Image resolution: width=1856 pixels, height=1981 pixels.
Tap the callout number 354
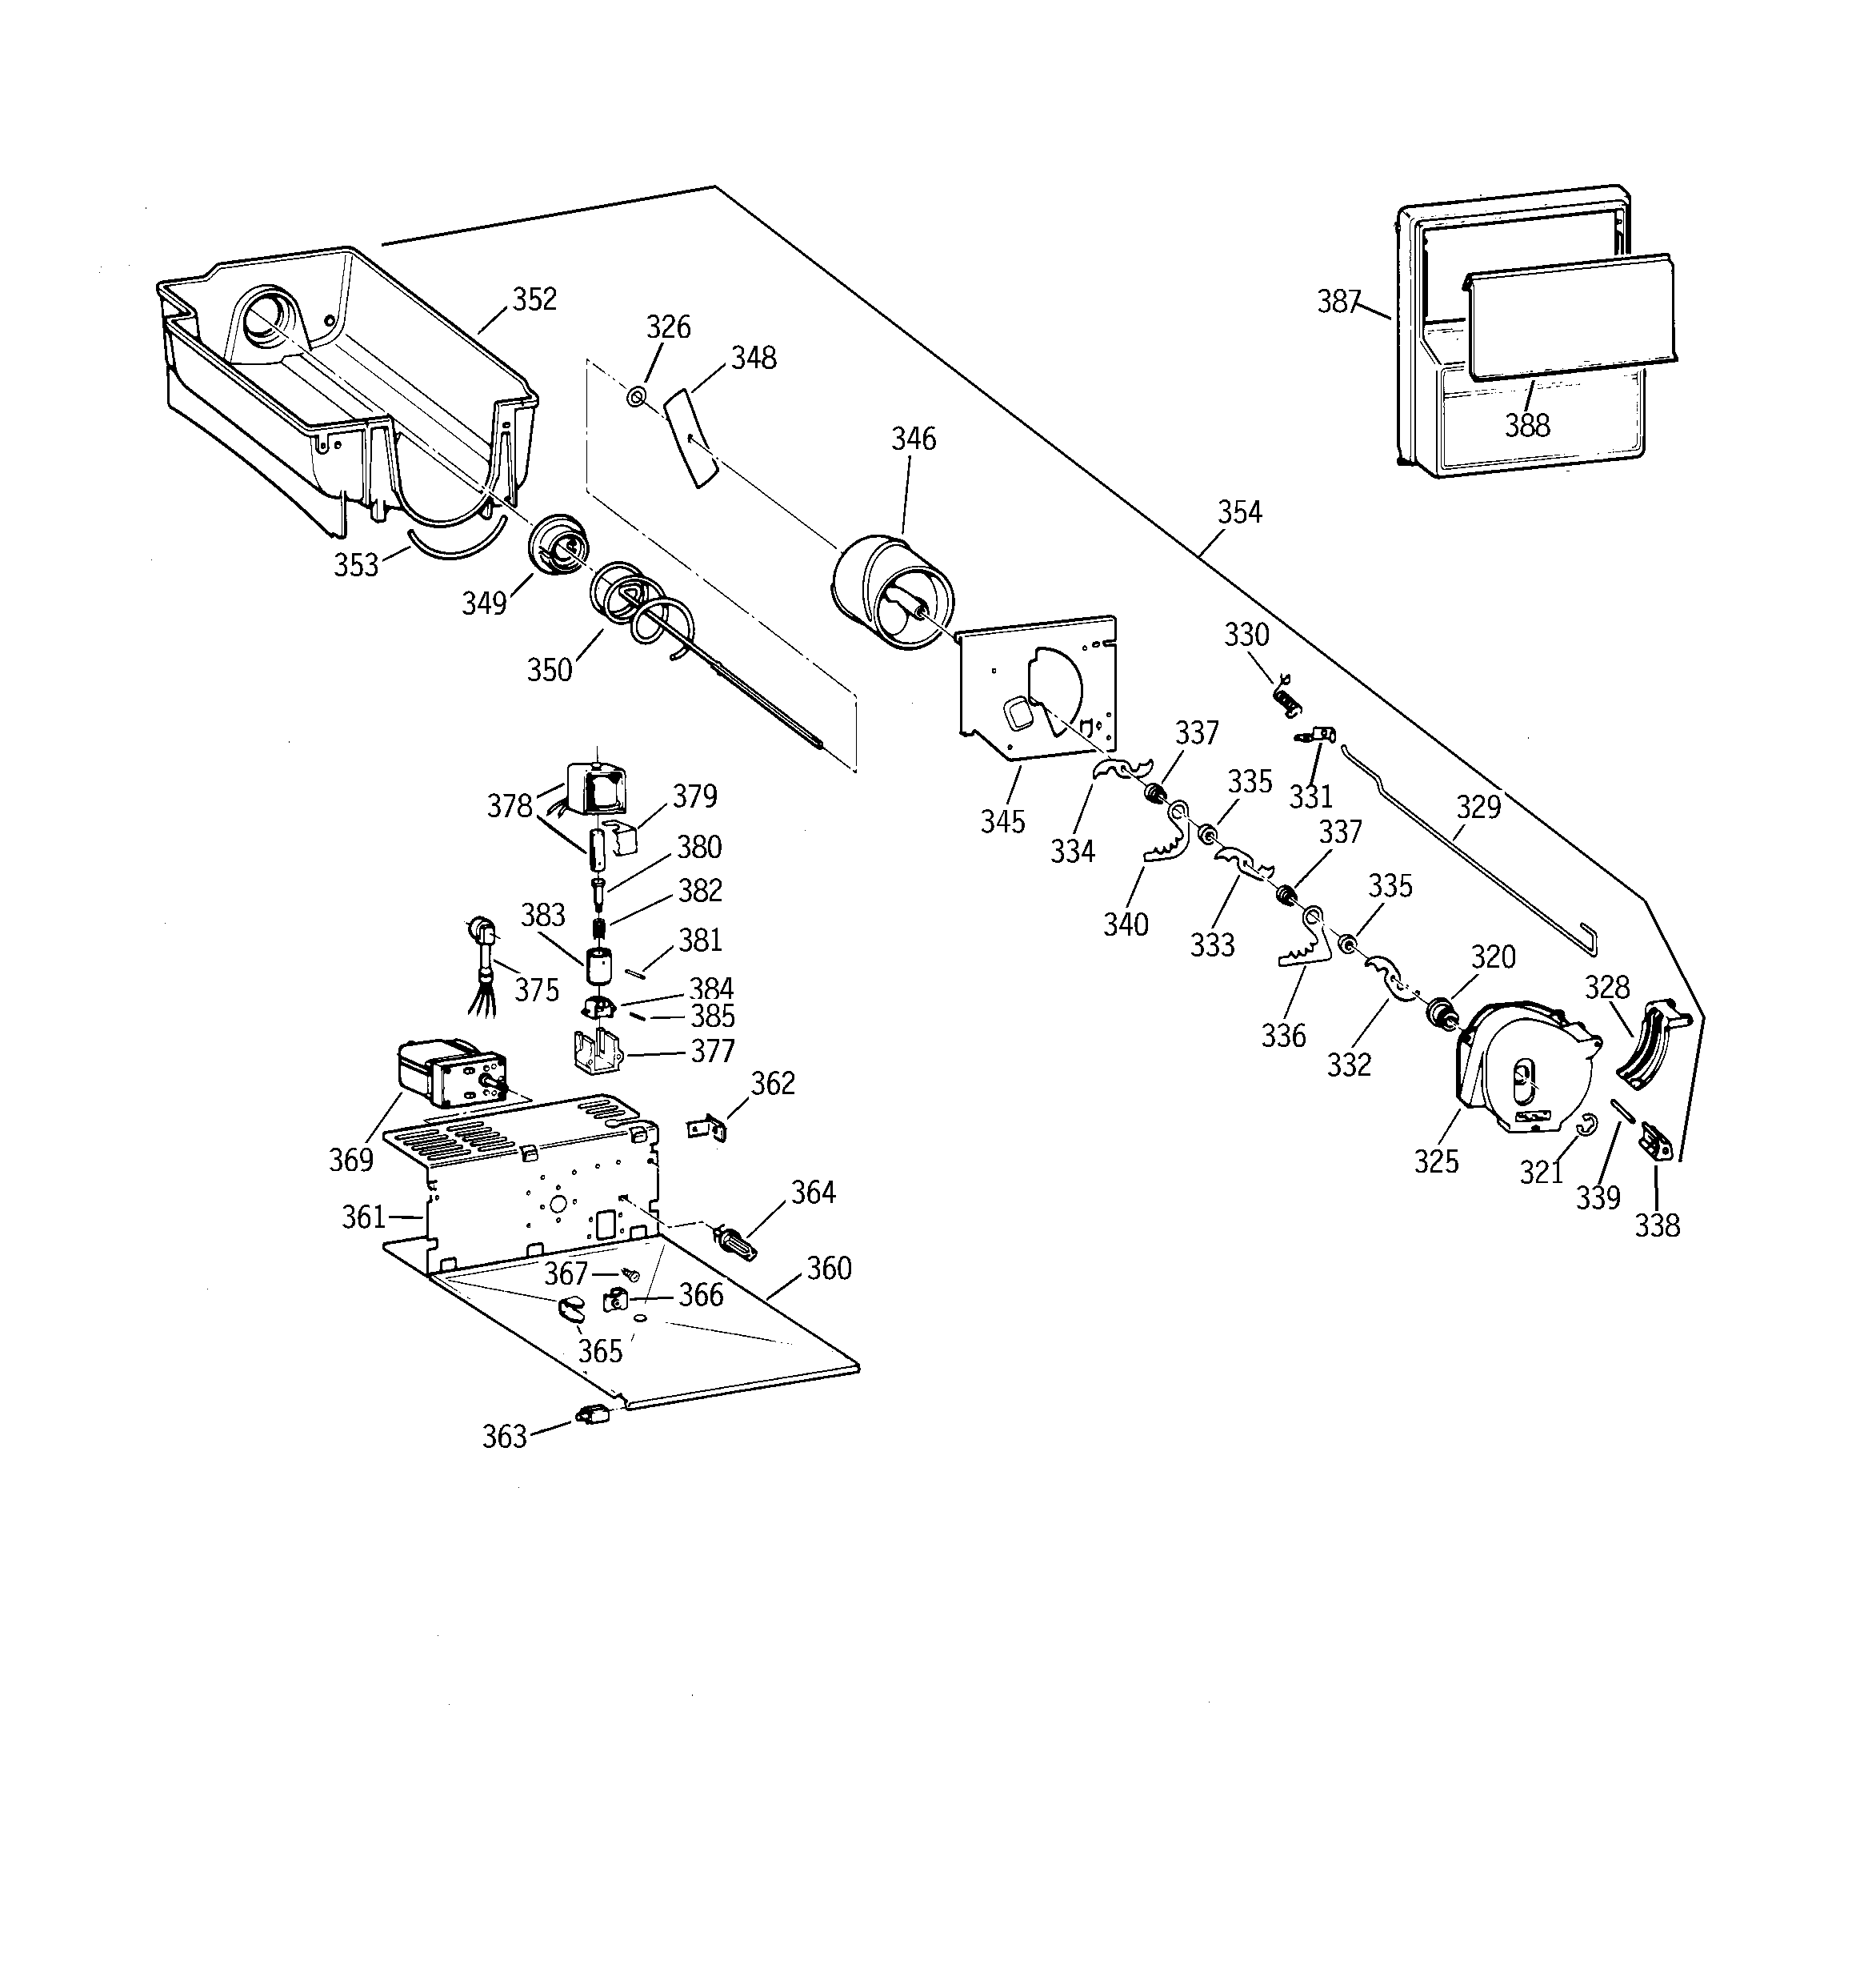(x=1239, y=512)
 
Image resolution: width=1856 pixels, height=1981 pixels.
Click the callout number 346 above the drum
(x=914, y=439)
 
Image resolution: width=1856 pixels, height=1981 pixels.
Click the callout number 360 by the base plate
(x=829, y=1269)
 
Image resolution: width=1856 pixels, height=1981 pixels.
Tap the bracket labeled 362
(x=707, y=1127)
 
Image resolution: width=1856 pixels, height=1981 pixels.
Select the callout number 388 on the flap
(x=1526, y=426)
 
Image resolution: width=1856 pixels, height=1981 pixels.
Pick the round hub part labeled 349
(x=557, y=545)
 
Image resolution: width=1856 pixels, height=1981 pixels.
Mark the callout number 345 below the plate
(x=1002, y=822)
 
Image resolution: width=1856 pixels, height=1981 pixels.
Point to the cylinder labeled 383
(x=598, y=965)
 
